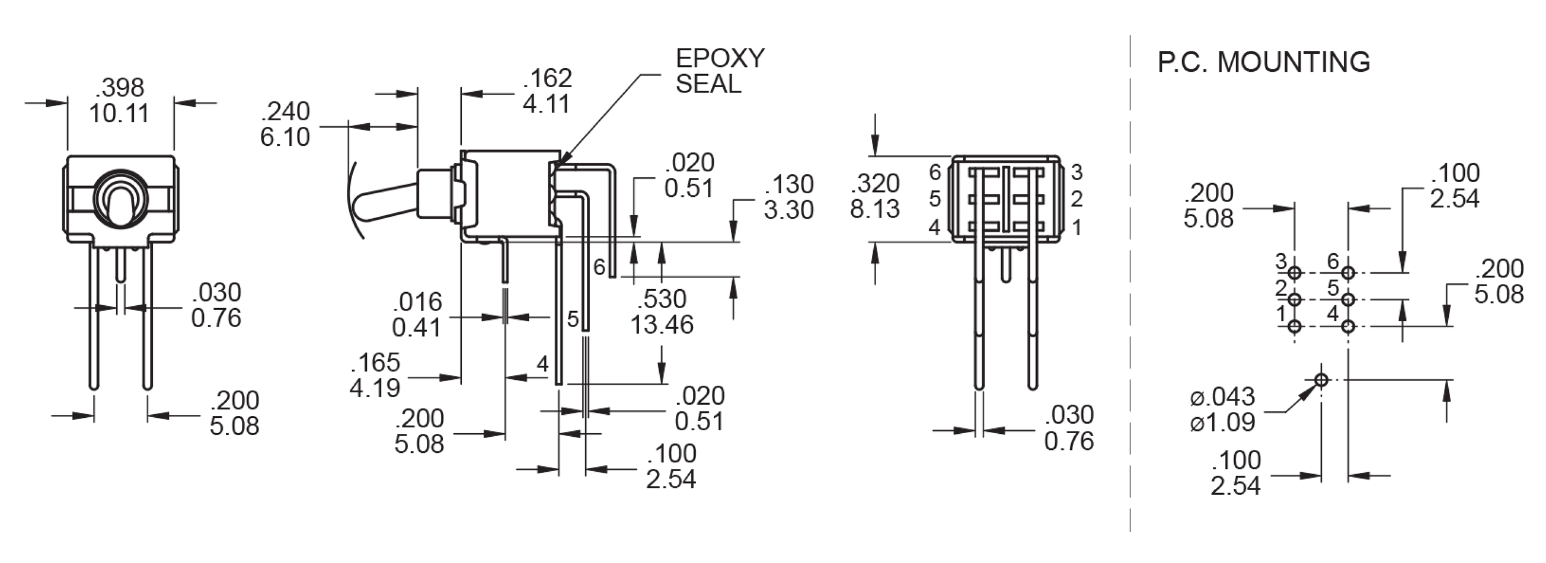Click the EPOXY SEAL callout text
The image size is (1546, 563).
719,71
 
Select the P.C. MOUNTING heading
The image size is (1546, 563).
1263,62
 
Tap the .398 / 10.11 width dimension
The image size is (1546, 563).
119,100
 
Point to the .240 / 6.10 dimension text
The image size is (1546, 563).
285,124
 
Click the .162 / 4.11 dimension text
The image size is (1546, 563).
547,91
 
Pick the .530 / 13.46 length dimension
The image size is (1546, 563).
662,312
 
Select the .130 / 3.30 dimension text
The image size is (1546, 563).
788,197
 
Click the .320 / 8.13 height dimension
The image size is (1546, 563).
875,196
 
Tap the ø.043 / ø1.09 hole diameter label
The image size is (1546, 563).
1222,410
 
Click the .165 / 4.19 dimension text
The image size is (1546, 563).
375,375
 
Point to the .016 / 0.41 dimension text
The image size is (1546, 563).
417,315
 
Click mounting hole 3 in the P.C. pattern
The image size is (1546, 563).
1295,273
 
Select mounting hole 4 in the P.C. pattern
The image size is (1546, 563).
1348,327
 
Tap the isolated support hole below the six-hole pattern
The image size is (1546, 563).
1321,380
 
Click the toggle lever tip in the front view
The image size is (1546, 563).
120,207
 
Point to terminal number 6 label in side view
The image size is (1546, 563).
599,267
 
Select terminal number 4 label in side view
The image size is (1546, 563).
542,364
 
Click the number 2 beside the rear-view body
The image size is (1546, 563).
1077,199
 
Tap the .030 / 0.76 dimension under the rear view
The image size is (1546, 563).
1069,428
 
